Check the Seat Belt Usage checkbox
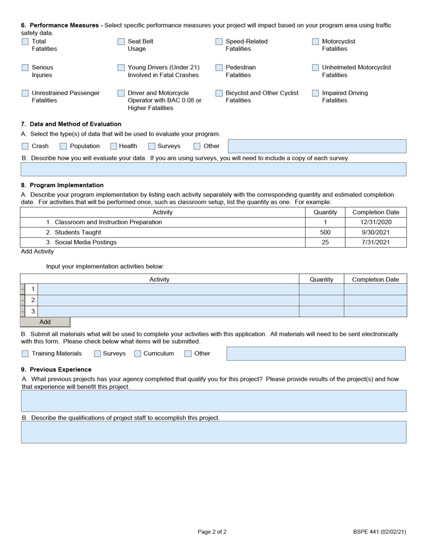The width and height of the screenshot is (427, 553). coord(121,41)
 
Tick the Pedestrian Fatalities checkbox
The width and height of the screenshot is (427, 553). coord(219,67)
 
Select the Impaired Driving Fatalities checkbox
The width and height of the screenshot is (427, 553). coord(315,93)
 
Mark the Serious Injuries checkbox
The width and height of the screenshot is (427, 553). coord(25,67)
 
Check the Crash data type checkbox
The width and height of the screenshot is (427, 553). coord(25,146)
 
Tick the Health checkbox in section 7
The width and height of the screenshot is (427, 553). coord(113,146)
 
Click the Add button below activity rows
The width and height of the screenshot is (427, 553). coord(45,322)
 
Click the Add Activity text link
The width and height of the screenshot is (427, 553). coord(37,252)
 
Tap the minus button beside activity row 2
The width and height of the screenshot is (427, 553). coord(22,300)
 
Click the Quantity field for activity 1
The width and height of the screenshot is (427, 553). coord(321,289)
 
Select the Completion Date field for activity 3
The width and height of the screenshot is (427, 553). coord(375,311)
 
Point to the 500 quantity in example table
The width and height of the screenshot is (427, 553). coord(325,233)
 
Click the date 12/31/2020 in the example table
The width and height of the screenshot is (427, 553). coord(375,222)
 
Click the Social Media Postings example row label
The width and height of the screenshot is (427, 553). coord(85,243)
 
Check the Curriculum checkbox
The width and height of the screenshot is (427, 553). coord(138,354)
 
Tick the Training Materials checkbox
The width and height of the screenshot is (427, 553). coord(25,354)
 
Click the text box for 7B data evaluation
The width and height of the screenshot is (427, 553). coord(213,169)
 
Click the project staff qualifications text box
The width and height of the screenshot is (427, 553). coord(213,432)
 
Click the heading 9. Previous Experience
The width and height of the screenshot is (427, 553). coord(56,369)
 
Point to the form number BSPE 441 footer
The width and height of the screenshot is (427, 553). coord(379,532)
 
